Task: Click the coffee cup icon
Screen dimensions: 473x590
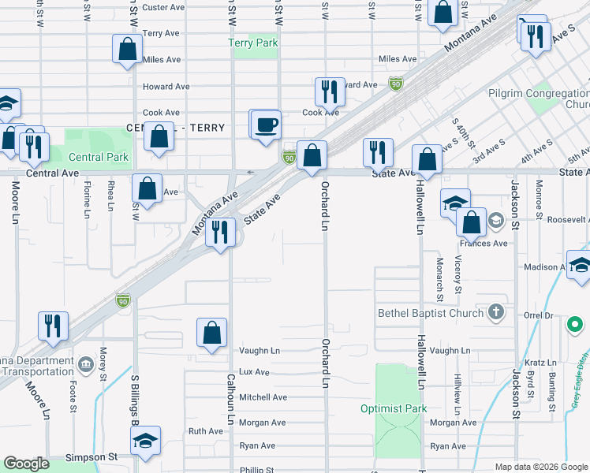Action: (x=265, y=125)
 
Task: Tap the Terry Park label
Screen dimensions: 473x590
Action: (x=252, y=43)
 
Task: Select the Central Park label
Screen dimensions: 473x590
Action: (x=98, y=157)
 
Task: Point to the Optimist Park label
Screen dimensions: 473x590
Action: (x=394, y=408)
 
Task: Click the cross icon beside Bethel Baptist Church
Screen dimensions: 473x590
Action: (x=495, y=313)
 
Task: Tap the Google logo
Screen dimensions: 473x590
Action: (x=26, y=464)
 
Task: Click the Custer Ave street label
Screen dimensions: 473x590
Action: (x=163, y=7)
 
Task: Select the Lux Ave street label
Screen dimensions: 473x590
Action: (x=253, y=372)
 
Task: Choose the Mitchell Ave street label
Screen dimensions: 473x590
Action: (x=263, y=397)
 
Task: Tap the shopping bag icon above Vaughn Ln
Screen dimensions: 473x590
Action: (x=212, y=333)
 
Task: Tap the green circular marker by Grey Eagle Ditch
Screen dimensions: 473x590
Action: (x=576, y=324)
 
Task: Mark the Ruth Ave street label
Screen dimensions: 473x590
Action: (x=205, y=431)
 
